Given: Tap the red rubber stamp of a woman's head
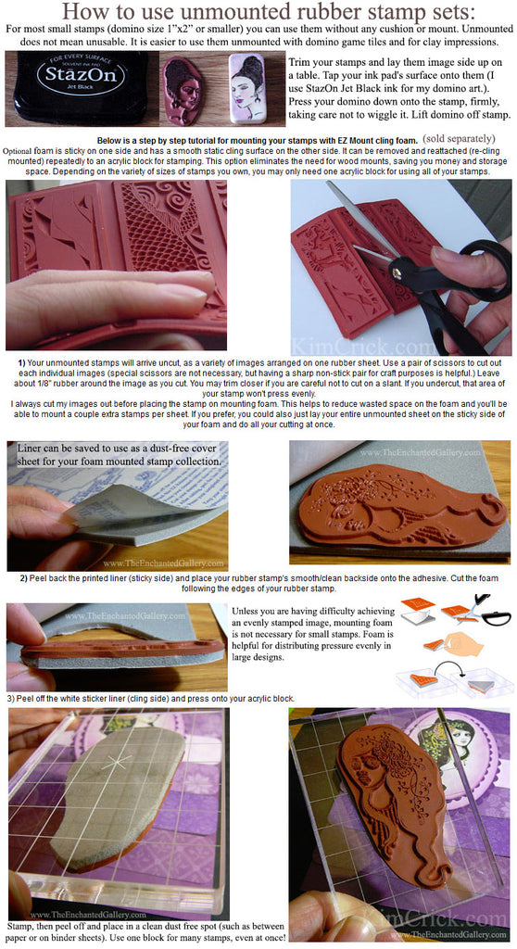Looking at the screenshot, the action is click(x=184, y=90).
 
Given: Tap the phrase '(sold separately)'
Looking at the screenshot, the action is click(x=459, y=139).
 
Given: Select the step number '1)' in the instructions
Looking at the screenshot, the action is click(x=22, y=363).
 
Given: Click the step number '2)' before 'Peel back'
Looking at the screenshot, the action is click(x=24, y=578).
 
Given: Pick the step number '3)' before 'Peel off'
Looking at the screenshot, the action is click(x=11, y=699).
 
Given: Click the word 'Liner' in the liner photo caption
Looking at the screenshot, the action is click(x=29, y=449).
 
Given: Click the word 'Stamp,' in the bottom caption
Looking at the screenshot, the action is click(x=19, y=927).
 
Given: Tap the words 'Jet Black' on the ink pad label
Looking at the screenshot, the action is click(x=82, y=87).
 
